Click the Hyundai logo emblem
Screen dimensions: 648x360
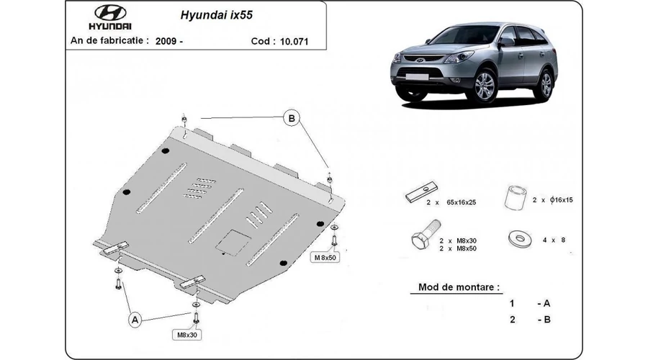(110, 13)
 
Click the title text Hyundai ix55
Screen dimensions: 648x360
(216, 15)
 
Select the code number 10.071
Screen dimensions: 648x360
(294, 41)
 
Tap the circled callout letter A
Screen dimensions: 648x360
(135, 320)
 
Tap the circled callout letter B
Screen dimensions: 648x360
(292, 118)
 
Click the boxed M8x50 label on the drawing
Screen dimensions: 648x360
(325, 258)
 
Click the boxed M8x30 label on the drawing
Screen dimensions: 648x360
(187, 335)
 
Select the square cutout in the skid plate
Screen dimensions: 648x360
(233, 242)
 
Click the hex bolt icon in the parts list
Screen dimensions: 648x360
(426, 234)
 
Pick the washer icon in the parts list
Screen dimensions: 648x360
(519, 239)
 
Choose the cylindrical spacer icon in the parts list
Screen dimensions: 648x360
(516, 197)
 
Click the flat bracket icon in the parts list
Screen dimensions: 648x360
(421, 192)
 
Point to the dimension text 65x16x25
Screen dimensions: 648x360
(462, 202)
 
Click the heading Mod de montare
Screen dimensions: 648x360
(459, 287)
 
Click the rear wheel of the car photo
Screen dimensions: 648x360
(546, 85)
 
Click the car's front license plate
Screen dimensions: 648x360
(417, 76)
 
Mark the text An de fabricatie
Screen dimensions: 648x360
(109, 40)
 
